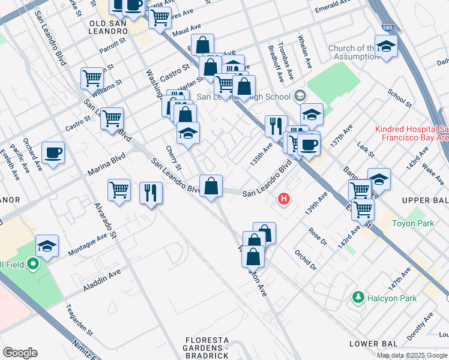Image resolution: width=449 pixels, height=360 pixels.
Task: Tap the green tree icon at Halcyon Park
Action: pyautogui.click(x=358, y=298)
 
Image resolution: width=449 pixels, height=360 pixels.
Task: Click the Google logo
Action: pyautogui.click(x=20, y=353)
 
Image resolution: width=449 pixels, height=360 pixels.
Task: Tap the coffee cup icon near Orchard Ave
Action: pyautogui.click(x=53, y=152)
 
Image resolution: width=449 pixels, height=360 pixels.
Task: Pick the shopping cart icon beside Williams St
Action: pyautogui.click(x=92, y=77)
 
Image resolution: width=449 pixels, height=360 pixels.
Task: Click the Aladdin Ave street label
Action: pyautogui.click(x=102, y=280)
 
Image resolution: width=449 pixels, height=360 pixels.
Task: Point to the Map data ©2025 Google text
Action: pyautogui.click(x=412, y=355)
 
